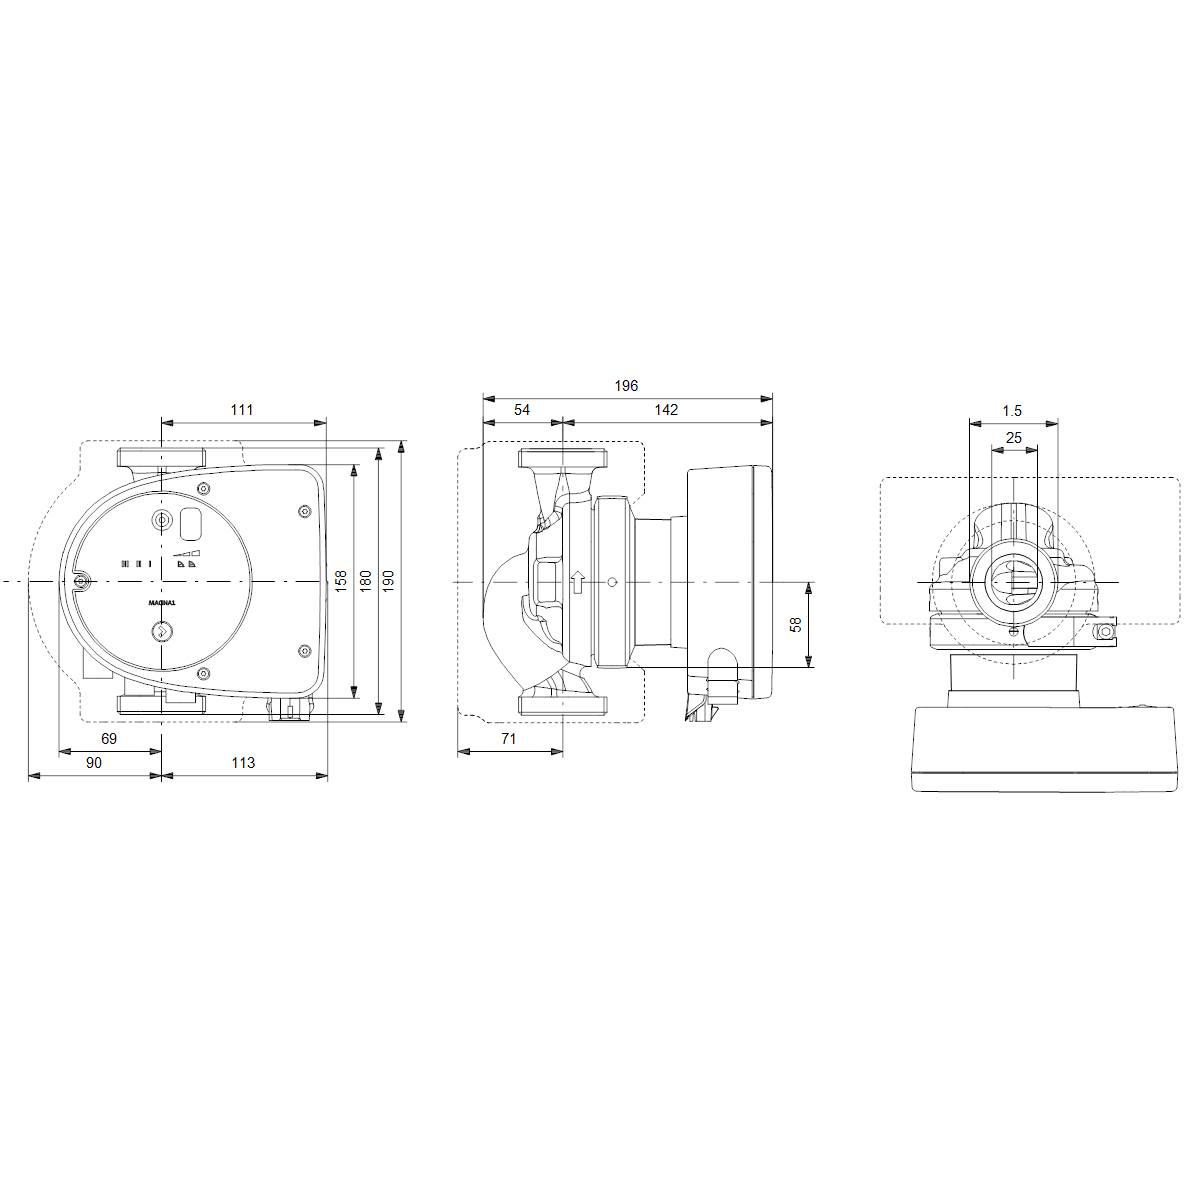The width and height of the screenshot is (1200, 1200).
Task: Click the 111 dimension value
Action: [242, 409]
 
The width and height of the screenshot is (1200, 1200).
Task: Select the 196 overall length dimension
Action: [626, 386]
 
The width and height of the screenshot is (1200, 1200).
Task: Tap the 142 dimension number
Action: [666, 409]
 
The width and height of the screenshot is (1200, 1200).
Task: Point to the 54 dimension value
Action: [522, 409]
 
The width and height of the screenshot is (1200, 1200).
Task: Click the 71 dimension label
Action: [508, 738]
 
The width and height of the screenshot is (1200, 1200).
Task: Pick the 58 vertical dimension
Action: [796, 624]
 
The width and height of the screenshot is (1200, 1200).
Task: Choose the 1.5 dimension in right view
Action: [1012, 411]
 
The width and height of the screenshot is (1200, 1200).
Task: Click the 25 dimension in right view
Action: [1014, 438]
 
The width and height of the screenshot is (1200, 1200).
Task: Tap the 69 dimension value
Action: [109, 738]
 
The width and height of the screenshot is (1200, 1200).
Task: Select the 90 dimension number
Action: [93, 762]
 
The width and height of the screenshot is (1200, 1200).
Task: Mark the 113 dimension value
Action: [243, 762]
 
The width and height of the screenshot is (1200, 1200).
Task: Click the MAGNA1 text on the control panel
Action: [162, 603]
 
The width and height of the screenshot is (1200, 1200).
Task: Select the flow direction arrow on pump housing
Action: [577, 582]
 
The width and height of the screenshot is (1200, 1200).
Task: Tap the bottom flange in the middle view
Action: [562, 704]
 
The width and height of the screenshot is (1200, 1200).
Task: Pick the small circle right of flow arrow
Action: [612, 582]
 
